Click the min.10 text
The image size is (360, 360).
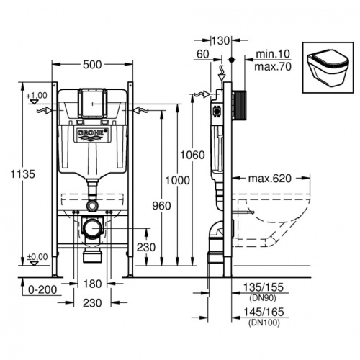[x=271, y=54]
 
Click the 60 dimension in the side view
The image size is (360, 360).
[x=202, y=53]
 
